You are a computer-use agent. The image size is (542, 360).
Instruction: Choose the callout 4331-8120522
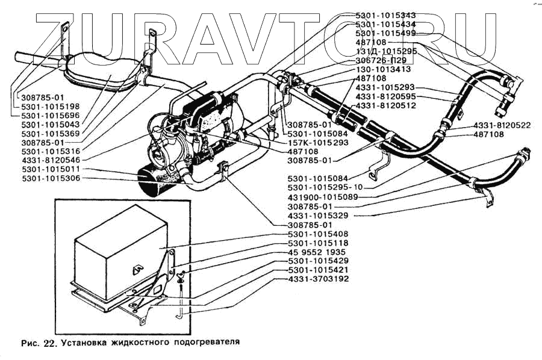[x=502, y=125]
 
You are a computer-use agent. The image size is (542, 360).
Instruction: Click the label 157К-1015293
[x=318, y=143]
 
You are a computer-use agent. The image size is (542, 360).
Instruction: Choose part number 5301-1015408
[x=318, y=234]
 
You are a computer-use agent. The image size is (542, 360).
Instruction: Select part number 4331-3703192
[x=318, y=279]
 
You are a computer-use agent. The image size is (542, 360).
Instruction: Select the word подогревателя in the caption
[x=204, y=342]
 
